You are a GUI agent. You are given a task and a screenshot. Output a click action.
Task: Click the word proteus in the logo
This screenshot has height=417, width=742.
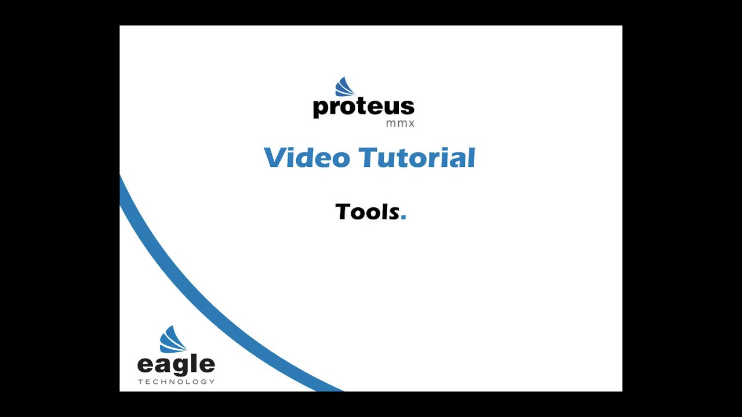[x=363, y=107]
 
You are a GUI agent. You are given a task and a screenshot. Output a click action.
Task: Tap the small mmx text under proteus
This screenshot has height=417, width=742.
[x=400, y=123]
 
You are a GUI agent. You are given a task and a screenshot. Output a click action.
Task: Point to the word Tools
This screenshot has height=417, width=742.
[x=368, y=211]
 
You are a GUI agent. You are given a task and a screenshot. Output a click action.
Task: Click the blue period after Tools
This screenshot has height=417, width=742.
[x=403, y=217]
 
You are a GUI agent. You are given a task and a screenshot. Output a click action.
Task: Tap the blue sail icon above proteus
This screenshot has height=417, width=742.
[x=345, y=87]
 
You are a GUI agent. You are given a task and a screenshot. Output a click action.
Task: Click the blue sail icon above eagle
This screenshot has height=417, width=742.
[x=173, y=339]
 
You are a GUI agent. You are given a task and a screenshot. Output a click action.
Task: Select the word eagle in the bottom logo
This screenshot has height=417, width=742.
[x=176, y=365]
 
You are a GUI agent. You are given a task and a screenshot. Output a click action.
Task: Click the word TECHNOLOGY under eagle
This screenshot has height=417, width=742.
[x=176, y=382]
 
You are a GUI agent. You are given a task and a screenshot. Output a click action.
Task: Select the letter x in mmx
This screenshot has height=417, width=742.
[x=411, y=124]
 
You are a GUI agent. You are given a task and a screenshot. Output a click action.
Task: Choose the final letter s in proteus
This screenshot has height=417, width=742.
[x=408, y=107]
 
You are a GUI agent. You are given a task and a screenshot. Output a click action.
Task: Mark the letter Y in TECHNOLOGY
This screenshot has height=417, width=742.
[x=212, y=382]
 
